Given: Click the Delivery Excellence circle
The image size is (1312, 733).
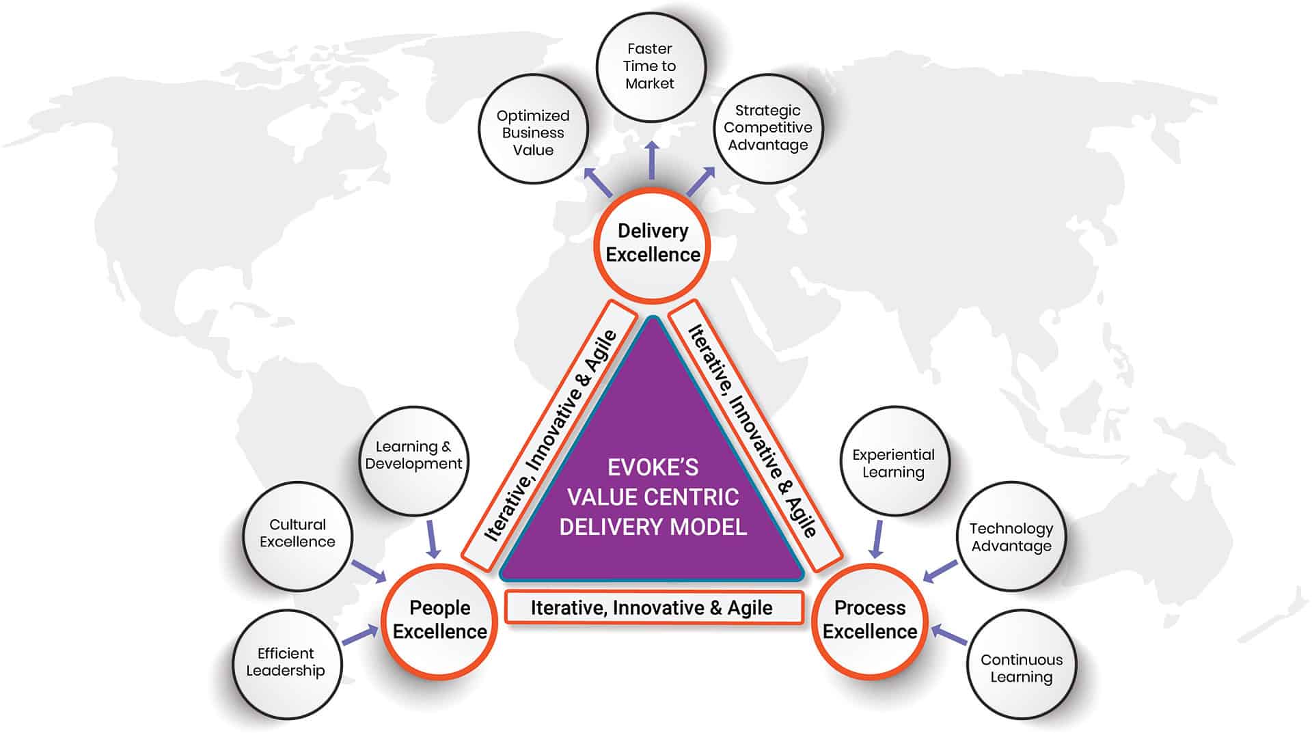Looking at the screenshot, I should coord(653,244).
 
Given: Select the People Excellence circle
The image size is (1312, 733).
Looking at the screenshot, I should coord(439,620).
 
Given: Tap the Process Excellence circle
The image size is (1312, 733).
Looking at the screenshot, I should coord(869,620).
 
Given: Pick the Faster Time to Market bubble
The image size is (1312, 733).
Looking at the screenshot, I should coord(650,66).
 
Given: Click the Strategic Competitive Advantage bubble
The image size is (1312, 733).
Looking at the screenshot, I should coord(768,128).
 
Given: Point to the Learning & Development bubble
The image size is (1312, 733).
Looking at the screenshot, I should coord(413,456).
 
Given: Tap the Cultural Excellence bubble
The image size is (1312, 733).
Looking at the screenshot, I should coord(297,534).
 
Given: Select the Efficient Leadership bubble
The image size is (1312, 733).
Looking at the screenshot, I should coord(286,663).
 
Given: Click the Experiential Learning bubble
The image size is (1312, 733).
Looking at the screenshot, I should coord(893,464).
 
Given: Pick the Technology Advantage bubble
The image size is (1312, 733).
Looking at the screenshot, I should coord(1011,538).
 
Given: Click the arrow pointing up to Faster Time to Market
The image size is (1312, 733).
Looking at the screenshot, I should coord(652,161).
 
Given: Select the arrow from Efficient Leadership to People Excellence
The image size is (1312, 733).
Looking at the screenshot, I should coord(360,635).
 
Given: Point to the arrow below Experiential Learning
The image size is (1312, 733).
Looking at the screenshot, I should coord(877,539).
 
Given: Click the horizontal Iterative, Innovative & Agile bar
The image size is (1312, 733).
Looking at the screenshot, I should coord(653,607).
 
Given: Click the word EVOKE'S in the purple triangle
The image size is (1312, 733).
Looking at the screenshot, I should coord(653,467).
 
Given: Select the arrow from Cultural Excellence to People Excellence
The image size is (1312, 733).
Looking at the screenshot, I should coord(369,572).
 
